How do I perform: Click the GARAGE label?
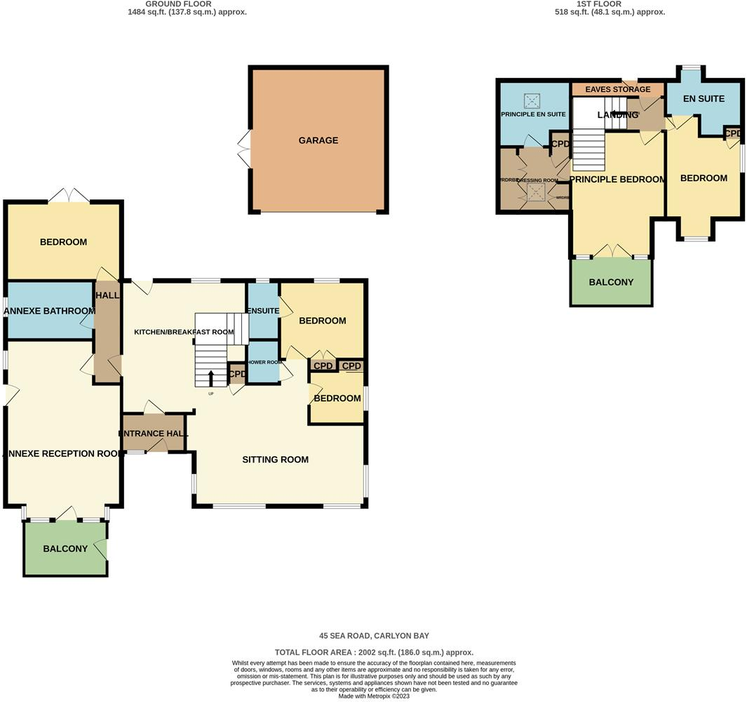click(x=318, y=140)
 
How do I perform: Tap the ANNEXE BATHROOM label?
click(x=51, y=311)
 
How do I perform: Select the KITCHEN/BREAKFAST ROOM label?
click(x=184, y=332)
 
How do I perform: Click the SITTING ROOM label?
click(x=275, y=460)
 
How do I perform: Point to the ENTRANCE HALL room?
click(x=154, y=435)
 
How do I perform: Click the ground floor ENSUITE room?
click(x=262, y=311)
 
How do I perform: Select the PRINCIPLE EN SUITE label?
click(x=533, y=114)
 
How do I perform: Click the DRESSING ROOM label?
click(x=537, y=180)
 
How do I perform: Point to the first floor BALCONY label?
click(x=611, y=282)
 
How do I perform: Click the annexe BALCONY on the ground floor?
click(x=65, y=549)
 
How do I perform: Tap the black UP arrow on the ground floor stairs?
click(x=211, y=378)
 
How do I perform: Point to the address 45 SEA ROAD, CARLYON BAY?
click(x=374, y=636)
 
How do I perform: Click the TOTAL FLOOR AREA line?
click(x=374, y=652)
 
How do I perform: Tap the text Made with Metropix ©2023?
click(x=374, y=696)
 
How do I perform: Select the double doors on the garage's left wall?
click(x=244, y=148)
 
